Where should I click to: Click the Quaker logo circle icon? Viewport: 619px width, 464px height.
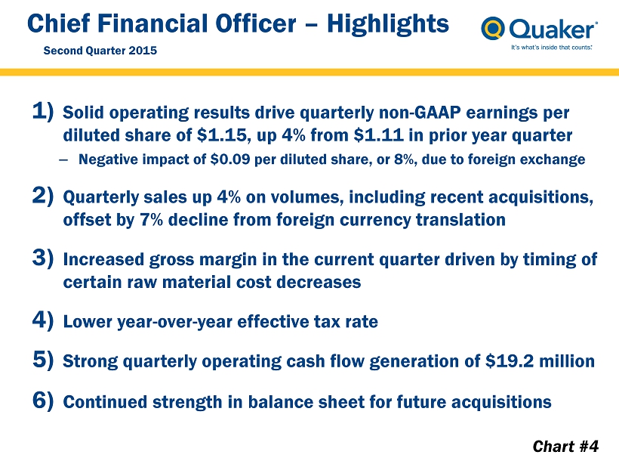pyautogui.click(x=493, y=28)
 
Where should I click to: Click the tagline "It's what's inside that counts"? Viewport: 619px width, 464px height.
pyautogui.click(x=552, y=48)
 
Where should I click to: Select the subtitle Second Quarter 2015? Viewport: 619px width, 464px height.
pyautogui.click(x=100, y=51)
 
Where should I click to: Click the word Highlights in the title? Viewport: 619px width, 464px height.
pyautogui.click(x=388, y=24)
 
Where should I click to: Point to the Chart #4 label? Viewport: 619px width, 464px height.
pyautogui.click(x=565, y=446)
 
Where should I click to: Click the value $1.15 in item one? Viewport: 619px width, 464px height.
pyautogui.click(x=222, y=135)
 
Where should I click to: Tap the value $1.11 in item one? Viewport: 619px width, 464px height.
pyautogui.click(x=379, y=135)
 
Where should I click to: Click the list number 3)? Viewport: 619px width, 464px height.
pyautogui.click(x=42, y=258)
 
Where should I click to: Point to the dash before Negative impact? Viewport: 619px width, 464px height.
pyautogui.click(x=63, y=159)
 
